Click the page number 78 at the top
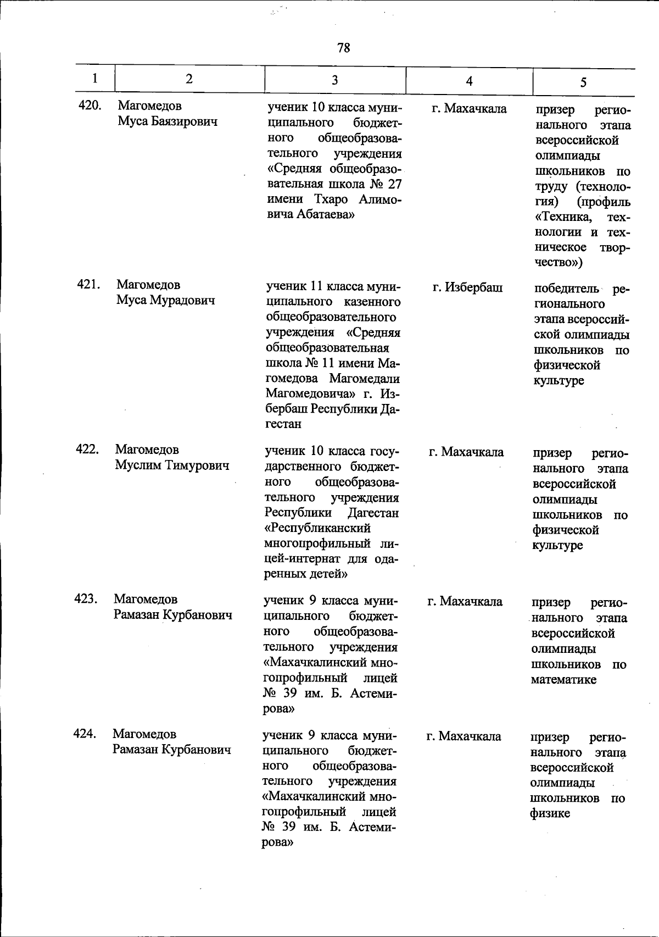pyautogui.click(x=344, y=48)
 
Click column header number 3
pyautogui.click(x=334, y=80)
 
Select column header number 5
pyautogui.click(x=583, y=82)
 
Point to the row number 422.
pyautogui.click(x=88, y=449)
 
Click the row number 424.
pyautogui.click(x=86, y=734)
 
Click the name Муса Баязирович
pyautogui.click(x=167, y=121)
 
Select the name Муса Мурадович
pyautogui.click(x=165, y=300)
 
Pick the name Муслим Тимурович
pyautogui.click(x=172, y=465)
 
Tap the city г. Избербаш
pyautogui.click(x=467, y=287)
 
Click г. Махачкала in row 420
pyautogui.click(x=469, y=109)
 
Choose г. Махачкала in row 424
pyautogui.click(x=463, y=736)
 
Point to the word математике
pyautogui.click(x=563, y=680)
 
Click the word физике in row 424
pyautogui.click(x=550, y=814)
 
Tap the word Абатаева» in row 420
pyautogui.click(x=311, y=215)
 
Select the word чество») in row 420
pyautogui.click(x=559, y=263)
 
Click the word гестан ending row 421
pyautogui.click(x=283, y=424)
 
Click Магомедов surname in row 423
pyautogui.click(x=146, y=599)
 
